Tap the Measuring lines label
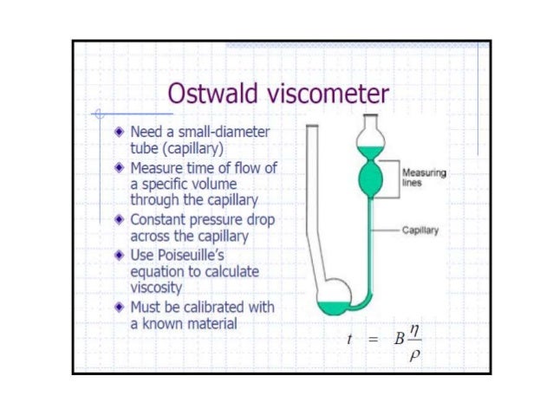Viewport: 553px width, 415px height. tap(425, 178)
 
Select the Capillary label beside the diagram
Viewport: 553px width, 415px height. tap(421, 231)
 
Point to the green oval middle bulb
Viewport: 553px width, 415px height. tap(370, 178)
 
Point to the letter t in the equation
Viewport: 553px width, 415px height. tap(348, 340)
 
